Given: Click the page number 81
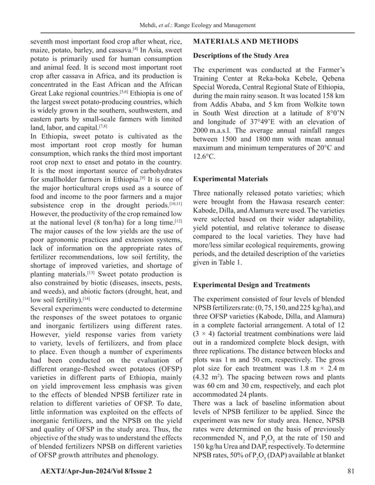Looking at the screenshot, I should (x=351, y=471).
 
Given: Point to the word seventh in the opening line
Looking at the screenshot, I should (x=44, y=42).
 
